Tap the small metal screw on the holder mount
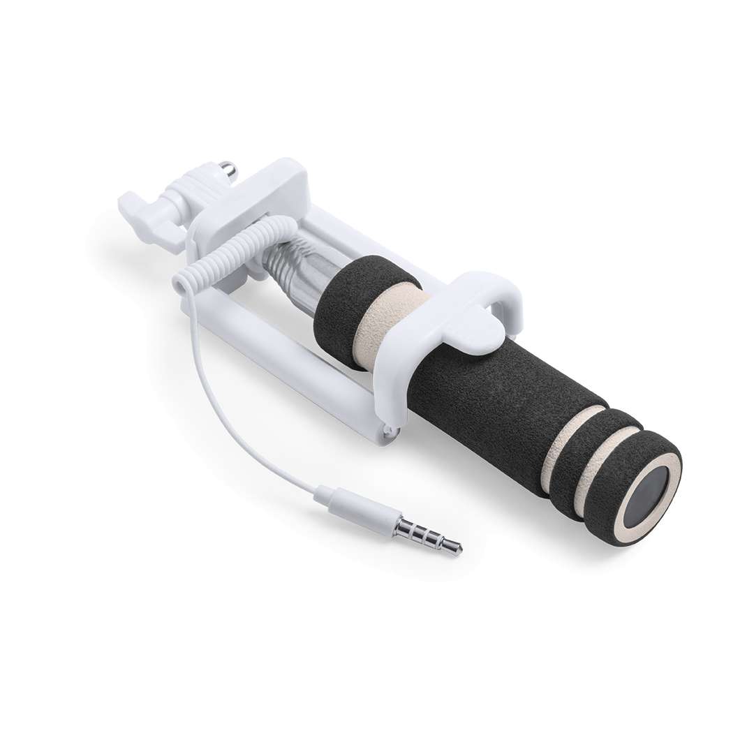pyautogui.click(x=228, y=169)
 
